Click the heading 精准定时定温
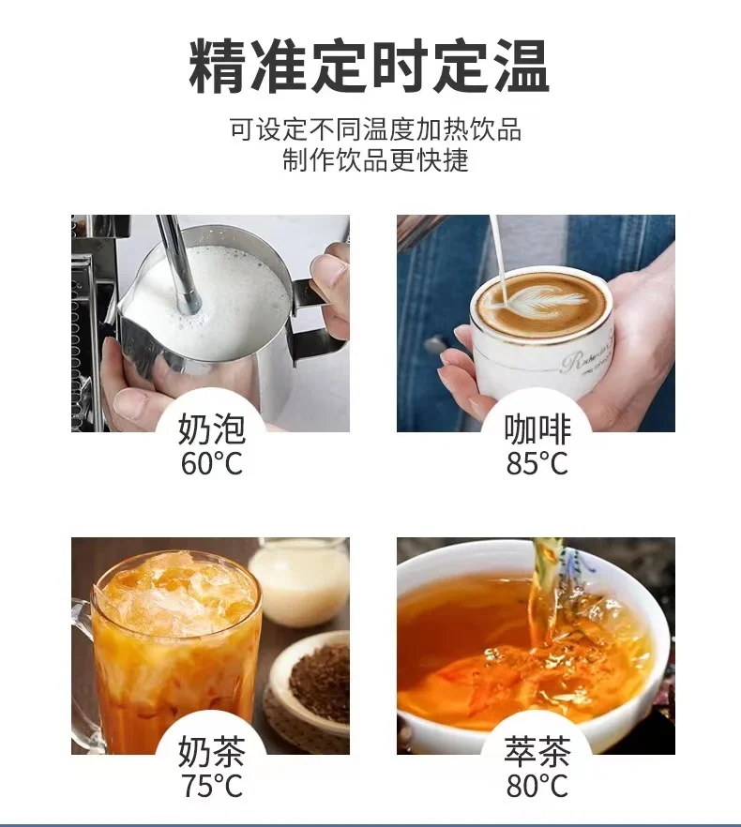coord(370,67)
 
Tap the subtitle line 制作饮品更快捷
coord(375,160)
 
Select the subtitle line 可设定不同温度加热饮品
coord(375,128)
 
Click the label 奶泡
coord(212,429)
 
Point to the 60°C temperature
coord(212,463)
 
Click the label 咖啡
coord(537,429)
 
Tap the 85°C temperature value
coord(537,463)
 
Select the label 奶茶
coord(212,752)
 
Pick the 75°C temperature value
coord(212,786)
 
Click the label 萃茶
coord(537,752)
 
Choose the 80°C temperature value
coord(537,786)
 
